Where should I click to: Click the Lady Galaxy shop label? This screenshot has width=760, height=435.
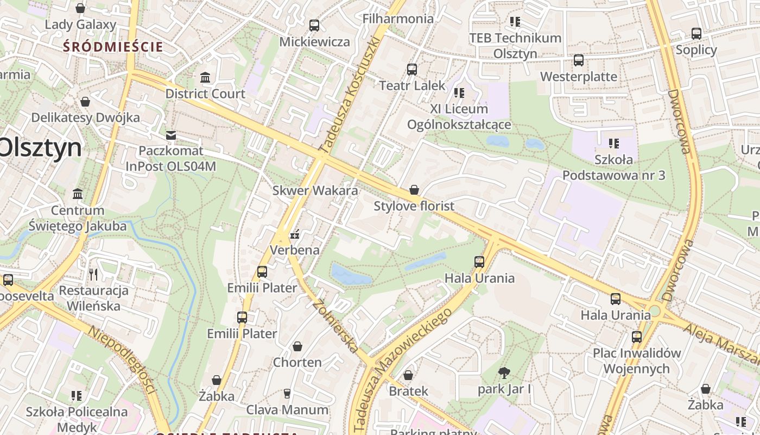click(80, 24)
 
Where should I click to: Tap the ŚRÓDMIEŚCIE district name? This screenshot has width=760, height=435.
click(113, 47)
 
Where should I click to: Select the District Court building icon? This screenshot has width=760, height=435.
click(205, 78)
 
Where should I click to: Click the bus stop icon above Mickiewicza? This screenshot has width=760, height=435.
click(314, 25)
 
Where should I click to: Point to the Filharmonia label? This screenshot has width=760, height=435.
click(398, 18)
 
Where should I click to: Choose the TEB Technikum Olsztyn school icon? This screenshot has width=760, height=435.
click(515, 22)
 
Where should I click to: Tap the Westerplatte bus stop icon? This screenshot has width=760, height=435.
click(579, 60)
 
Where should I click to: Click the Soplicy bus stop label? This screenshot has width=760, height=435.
click(696, 50)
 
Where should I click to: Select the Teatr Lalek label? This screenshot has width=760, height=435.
click(412, 85)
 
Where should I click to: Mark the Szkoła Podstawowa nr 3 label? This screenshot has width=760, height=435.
click(614, 167)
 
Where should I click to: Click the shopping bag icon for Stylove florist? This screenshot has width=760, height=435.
click(414, 190)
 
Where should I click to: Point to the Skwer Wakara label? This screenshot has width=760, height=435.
click(315, 190)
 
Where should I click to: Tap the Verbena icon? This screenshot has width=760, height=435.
click(295, 235)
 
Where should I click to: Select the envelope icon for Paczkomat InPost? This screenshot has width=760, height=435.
click(171, 135)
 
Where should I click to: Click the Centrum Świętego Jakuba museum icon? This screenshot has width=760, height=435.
click(78, 194)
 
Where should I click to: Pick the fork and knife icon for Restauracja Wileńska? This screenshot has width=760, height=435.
click(93, 274)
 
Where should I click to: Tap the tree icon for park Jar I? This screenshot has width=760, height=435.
click(504, 373)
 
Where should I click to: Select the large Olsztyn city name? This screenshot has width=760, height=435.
click(41, 148)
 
